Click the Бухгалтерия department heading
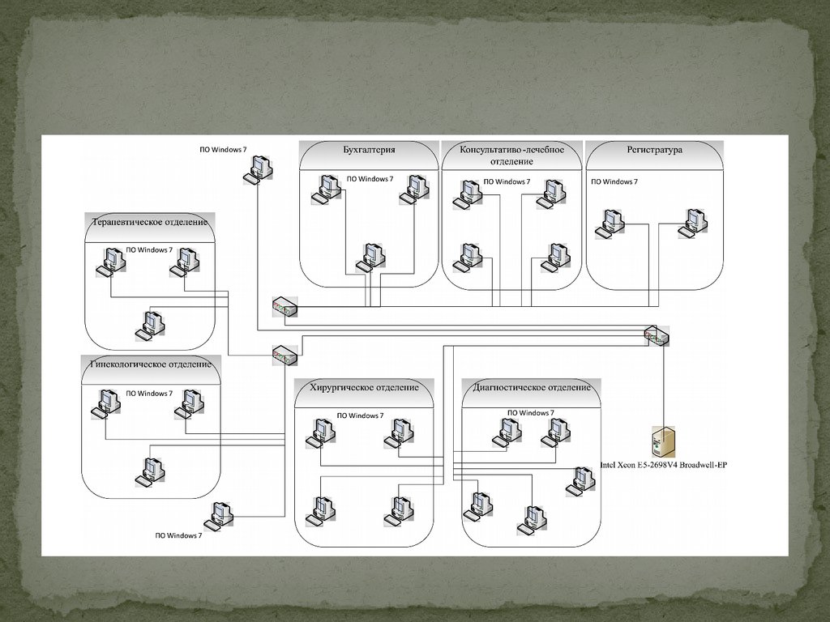click(369, 150)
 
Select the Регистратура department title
click(654, 150)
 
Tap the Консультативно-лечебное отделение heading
click(512, 155)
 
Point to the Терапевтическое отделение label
click(150, 222)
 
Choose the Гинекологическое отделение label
click(151, 364)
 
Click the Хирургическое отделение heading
click(364, 387)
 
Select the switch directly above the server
click(657, 334)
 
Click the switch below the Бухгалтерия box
click(285, 308)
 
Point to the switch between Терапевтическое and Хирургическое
click(285, 355)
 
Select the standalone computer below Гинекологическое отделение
click(218, 515)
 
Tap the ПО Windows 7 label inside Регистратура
click(614, 181)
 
